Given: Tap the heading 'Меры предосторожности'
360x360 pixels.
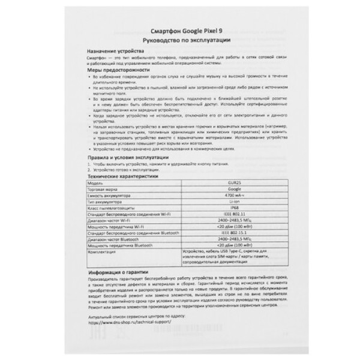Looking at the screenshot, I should tap(115, 70).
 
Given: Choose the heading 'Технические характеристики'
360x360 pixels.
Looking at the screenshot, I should tap(122, 178).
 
